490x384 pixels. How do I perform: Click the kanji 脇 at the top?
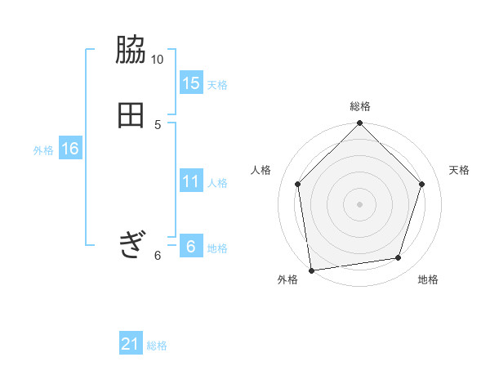point(131,51)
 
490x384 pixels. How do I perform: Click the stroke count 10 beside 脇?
point(158,60)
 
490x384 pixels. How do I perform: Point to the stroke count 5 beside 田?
point(158,123)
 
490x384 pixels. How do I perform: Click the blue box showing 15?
point(190,83)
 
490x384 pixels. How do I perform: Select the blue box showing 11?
point(190,181)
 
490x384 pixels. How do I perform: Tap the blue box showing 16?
point(69,149)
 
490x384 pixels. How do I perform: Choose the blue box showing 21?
point(131,345)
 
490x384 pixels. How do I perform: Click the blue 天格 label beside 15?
point(217,85)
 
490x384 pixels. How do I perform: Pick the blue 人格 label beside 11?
point(217,183)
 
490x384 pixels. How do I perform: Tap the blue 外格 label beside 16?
point(43,150)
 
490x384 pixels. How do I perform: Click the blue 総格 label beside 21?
point(157,346)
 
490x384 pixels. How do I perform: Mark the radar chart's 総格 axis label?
point(360,106)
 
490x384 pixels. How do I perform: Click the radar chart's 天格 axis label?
point(460,170)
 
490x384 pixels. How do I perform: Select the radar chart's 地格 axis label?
point(428,279)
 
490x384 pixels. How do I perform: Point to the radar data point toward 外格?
point(311,270)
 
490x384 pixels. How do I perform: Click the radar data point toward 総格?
point(359,124)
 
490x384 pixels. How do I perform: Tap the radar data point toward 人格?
point(297,184)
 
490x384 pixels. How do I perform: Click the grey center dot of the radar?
point(359,203)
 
